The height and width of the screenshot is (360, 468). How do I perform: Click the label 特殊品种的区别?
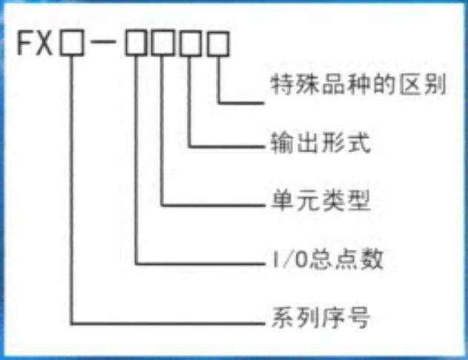355,88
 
